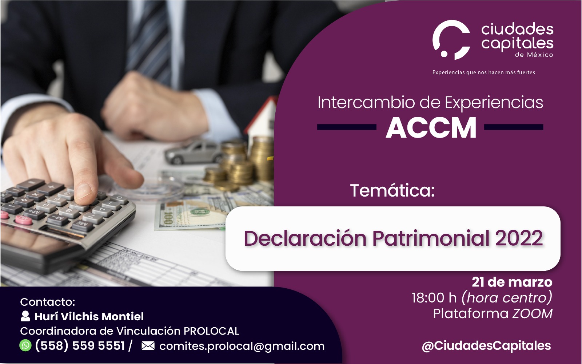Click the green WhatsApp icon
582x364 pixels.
[25, 345]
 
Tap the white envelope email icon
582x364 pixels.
[148, 346]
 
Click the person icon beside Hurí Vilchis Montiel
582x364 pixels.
[25, 316]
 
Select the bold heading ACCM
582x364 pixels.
[431, 128]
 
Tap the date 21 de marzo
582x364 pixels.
[512, 282]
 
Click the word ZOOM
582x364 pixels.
[533, 313]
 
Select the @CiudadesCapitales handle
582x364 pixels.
[486, 346]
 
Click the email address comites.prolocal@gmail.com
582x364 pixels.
[242, 346]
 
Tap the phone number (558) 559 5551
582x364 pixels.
[80, 346]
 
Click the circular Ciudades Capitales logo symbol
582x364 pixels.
[451, 40]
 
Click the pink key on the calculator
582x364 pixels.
[23, 220]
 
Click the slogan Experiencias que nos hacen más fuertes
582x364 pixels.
[483, 72]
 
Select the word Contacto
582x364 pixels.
[48, 302]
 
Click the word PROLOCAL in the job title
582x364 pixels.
[211, 331]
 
